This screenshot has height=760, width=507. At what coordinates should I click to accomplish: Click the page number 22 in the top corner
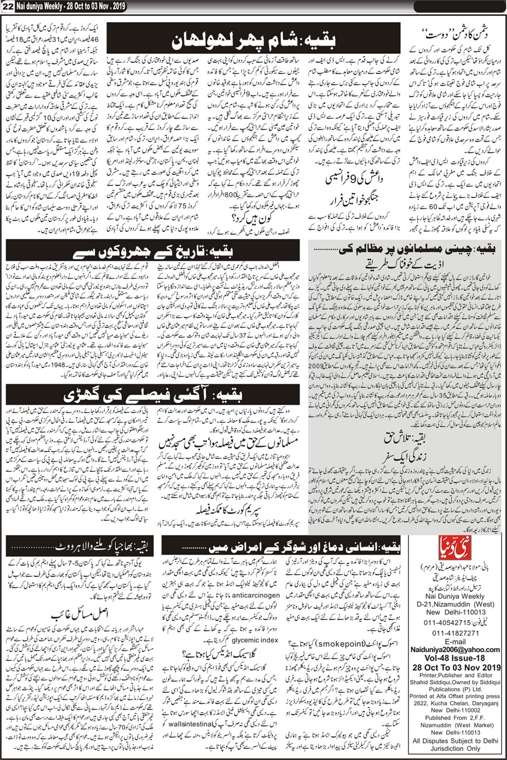(8, 6)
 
